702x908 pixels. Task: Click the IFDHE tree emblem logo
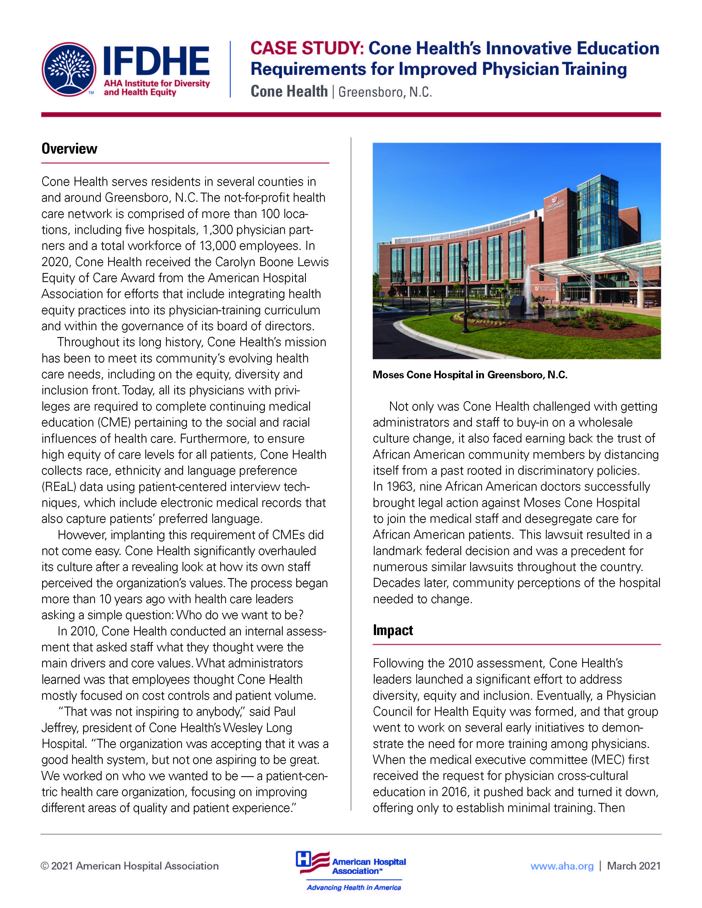click(x=69, y=69)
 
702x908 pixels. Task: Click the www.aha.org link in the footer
click(x=562, y=866)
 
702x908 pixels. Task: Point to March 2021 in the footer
click(x=633, y=866)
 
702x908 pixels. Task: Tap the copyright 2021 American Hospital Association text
click(x=129, y=866)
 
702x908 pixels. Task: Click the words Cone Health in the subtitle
click(x=289, y=91)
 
